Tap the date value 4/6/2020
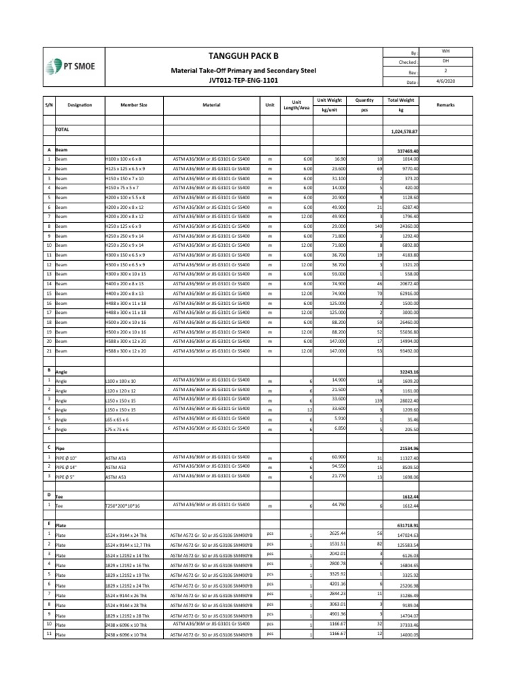coord(445,81)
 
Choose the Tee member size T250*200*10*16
coord(127,506)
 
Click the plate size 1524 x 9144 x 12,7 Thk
coord(131,544)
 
